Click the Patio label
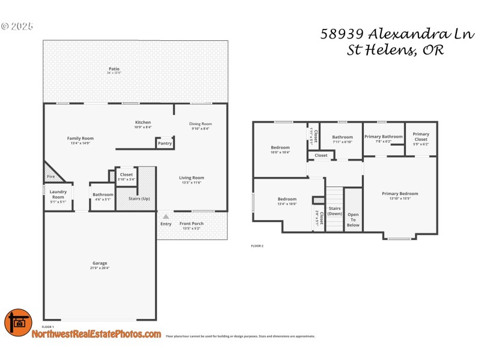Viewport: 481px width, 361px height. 114,69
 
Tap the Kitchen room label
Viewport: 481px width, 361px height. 142,123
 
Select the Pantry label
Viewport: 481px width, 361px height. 165,143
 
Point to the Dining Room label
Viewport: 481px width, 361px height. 201,124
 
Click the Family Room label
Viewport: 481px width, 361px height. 80,138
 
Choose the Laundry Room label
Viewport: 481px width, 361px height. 58,195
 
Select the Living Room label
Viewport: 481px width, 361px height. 191,177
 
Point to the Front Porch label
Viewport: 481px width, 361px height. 191,224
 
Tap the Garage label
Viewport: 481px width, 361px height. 100,263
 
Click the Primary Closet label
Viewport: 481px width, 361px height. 421,137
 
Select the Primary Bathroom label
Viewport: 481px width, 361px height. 384,137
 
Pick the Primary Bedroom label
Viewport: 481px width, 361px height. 400,194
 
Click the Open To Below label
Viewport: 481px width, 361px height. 353,220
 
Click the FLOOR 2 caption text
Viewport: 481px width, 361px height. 257,246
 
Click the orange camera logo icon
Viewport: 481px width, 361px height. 18,322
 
